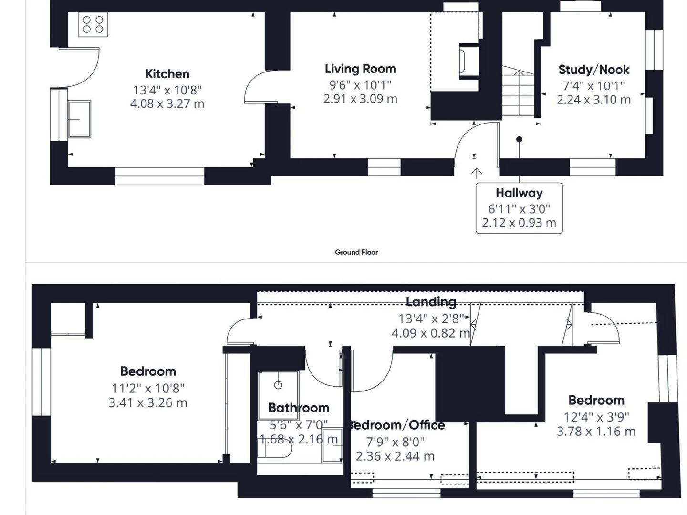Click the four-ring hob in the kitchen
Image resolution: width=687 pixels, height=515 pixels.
pyautogui.click(x=93, y=24)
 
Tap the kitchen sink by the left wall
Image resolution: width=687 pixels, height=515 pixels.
pyautogui.click(x=80, y=119)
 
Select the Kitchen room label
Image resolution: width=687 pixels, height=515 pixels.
pyautogui.click(x=167, y=74)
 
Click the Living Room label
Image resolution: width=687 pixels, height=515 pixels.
pyautogui.click(x=360, y=69)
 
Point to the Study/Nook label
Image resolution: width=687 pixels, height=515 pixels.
pyautogui.click(x=594, y=70)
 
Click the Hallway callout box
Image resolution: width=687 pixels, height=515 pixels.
pyautogui.click(x=519, y=208)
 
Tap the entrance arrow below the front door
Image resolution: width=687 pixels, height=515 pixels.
pyautogui.click(x=476, y=173)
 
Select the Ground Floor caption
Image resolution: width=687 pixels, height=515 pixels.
pyautogui.click(x=356, y=252)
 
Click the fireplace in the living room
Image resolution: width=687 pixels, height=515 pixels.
pyautogui.click(x=469, y=62)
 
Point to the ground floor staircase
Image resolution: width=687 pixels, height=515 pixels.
pyautogui.click(x=518, y=91)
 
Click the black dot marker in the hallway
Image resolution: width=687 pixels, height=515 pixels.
pyautogui.click(x=519, y=139)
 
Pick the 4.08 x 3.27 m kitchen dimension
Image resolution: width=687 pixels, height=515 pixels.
pyautogui.click(x=167, y=103)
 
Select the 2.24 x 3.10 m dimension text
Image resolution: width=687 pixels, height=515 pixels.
pyautogui.click(x=594, y=100)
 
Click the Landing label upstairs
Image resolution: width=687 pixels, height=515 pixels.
pyautogui.click(x=431, y=302)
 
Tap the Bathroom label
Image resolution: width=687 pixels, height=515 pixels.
pyautogui.click(x=299, y=408)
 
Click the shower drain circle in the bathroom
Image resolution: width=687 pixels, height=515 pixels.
pyautogui.click(x=278, y=385)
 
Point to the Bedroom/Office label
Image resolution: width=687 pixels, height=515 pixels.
pyautogui.click(x=396, y=425)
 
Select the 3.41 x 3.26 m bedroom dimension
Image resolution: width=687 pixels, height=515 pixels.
pyautogui.click(x=148, y=403)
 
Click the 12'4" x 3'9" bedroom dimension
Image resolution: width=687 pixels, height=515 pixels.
pyautogui.click(x=596, y=417)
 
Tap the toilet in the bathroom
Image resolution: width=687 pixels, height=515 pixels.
pyautogui.click(x=275, y=449)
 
